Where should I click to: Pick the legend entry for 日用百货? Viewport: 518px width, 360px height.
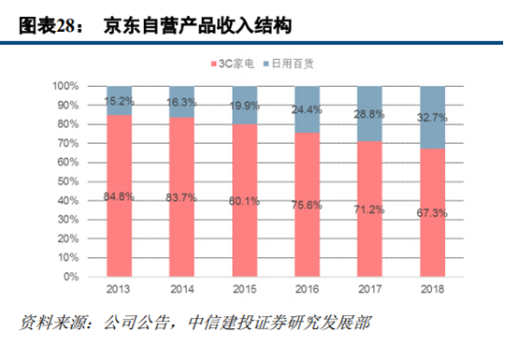pyautogui.click(x=289, y=64)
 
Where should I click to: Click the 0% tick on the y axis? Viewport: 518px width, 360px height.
pyautogui.click(x=67, y=278)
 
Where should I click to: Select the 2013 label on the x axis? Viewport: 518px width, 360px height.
pyautogui.click(x=118, y=290)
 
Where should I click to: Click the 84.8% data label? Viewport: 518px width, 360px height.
pyautogui.click(x=118, y=197)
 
